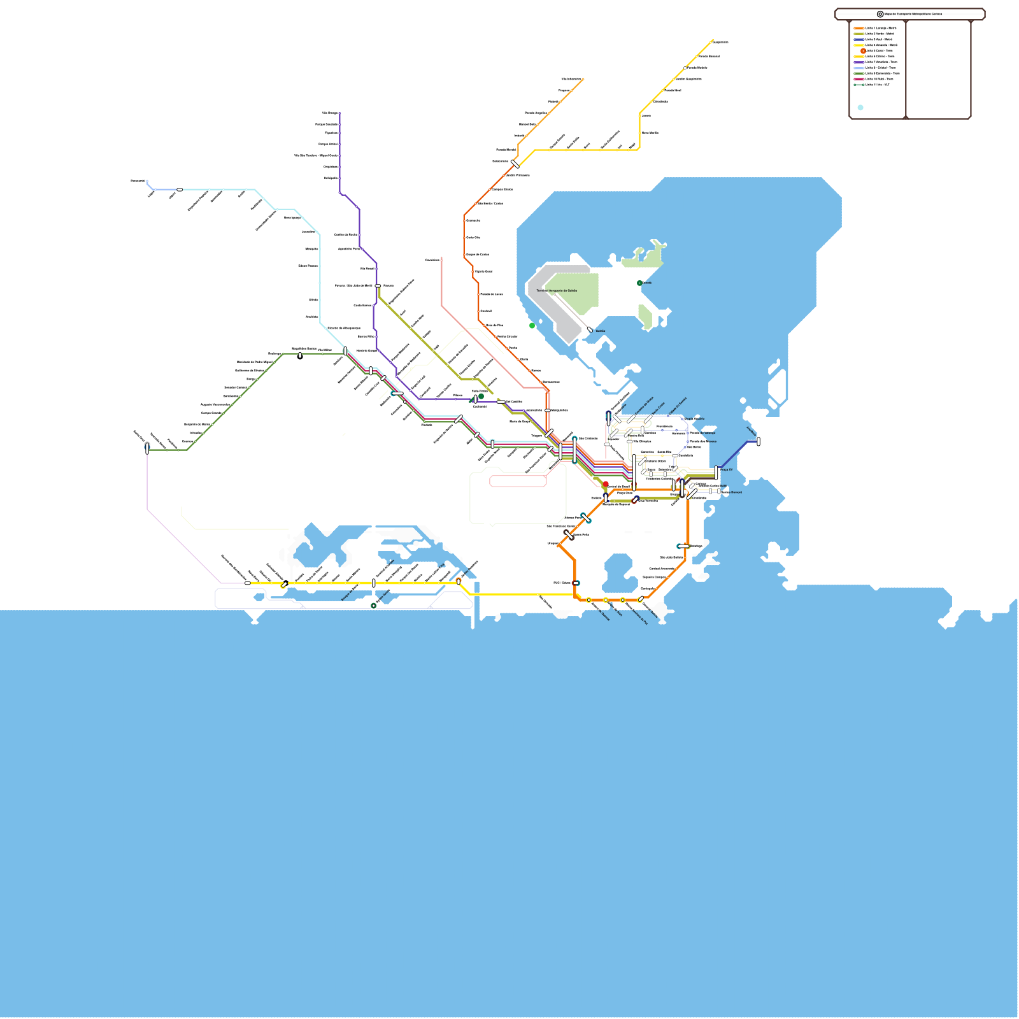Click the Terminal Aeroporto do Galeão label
click(x=557, y=290)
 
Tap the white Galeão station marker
click(x=590, y=329)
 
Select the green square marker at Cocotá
click(x=639, y=283)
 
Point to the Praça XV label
click(x=727, y=469)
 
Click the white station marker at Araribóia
click(x=758, y=441)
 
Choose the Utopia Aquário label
click(x=694, y=418)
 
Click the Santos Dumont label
click(x=732, y=492)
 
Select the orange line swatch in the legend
click(x=859, y=28)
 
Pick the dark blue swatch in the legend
click(x=859, y=39)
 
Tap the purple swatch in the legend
click(x=859, y=62)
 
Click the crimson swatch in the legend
click(x=859, y=79)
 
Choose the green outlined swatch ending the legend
click(x=859, y=85)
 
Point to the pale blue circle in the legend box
click(x=860, y=108)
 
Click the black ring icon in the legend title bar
click(x=880, y=14)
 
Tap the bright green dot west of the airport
click(x=532, y=325)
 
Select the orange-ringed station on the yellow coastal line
click(x=459, y=581)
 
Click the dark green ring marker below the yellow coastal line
click(x=374, y=606)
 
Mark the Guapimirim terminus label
click(x=720, y=42)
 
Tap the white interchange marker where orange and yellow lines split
click(x=515, y=164)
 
